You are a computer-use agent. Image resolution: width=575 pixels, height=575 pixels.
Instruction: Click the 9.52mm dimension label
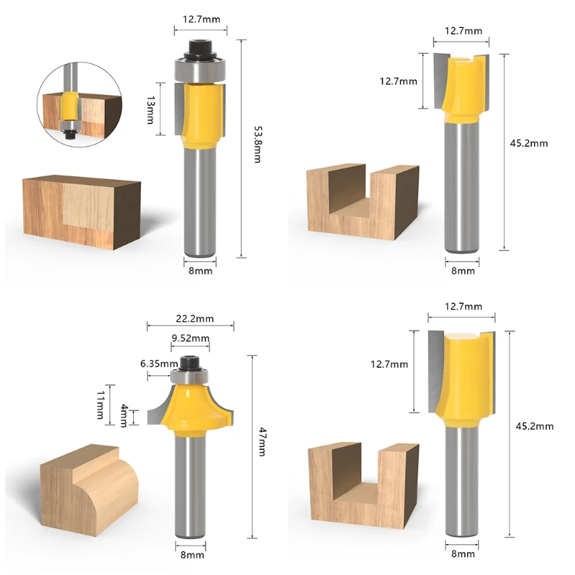190,338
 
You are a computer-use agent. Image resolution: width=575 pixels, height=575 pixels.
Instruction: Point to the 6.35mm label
159,363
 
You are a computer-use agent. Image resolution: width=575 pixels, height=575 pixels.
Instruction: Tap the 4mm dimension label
124,415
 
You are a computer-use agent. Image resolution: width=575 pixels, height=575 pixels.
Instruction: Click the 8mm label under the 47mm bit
192,555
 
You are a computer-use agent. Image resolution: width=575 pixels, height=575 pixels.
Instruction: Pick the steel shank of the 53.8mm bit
201,201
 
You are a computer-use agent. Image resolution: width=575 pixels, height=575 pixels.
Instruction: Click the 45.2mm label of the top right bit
528,143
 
